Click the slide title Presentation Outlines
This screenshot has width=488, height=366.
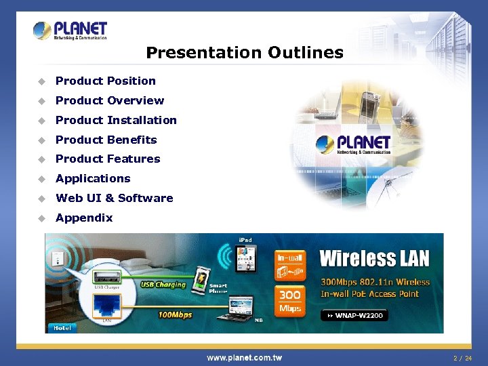click(245, 53)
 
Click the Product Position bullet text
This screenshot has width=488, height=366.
click(105, 81)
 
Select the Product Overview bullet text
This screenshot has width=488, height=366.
click(109, 100)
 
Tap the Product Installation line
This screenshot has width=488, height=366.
click(116, 120)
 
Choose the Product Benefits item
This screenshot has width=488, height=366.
click(106, 140)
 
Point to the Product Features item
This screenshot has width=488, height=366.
click(108, 159)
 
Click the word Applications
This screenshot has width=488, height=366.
click(93, 178)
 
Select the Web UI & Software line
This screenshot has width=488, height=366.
click(114, 198)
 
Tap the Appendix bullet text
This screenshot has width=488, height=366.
click(84, 218)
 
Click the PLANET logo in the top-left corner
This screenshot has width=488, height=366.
click(70, 31)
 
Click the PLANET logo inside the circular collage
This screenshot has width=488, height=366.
click(354, 144)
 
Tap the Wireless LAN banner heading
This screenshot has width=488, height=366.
click(374, 258)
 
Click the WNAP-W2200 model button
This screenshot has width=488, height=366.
click(354, 316)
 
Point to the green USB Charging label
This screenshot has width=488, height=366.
click(163, 285)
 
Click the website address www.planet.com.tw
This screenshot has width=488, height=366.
click(244, 357)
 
